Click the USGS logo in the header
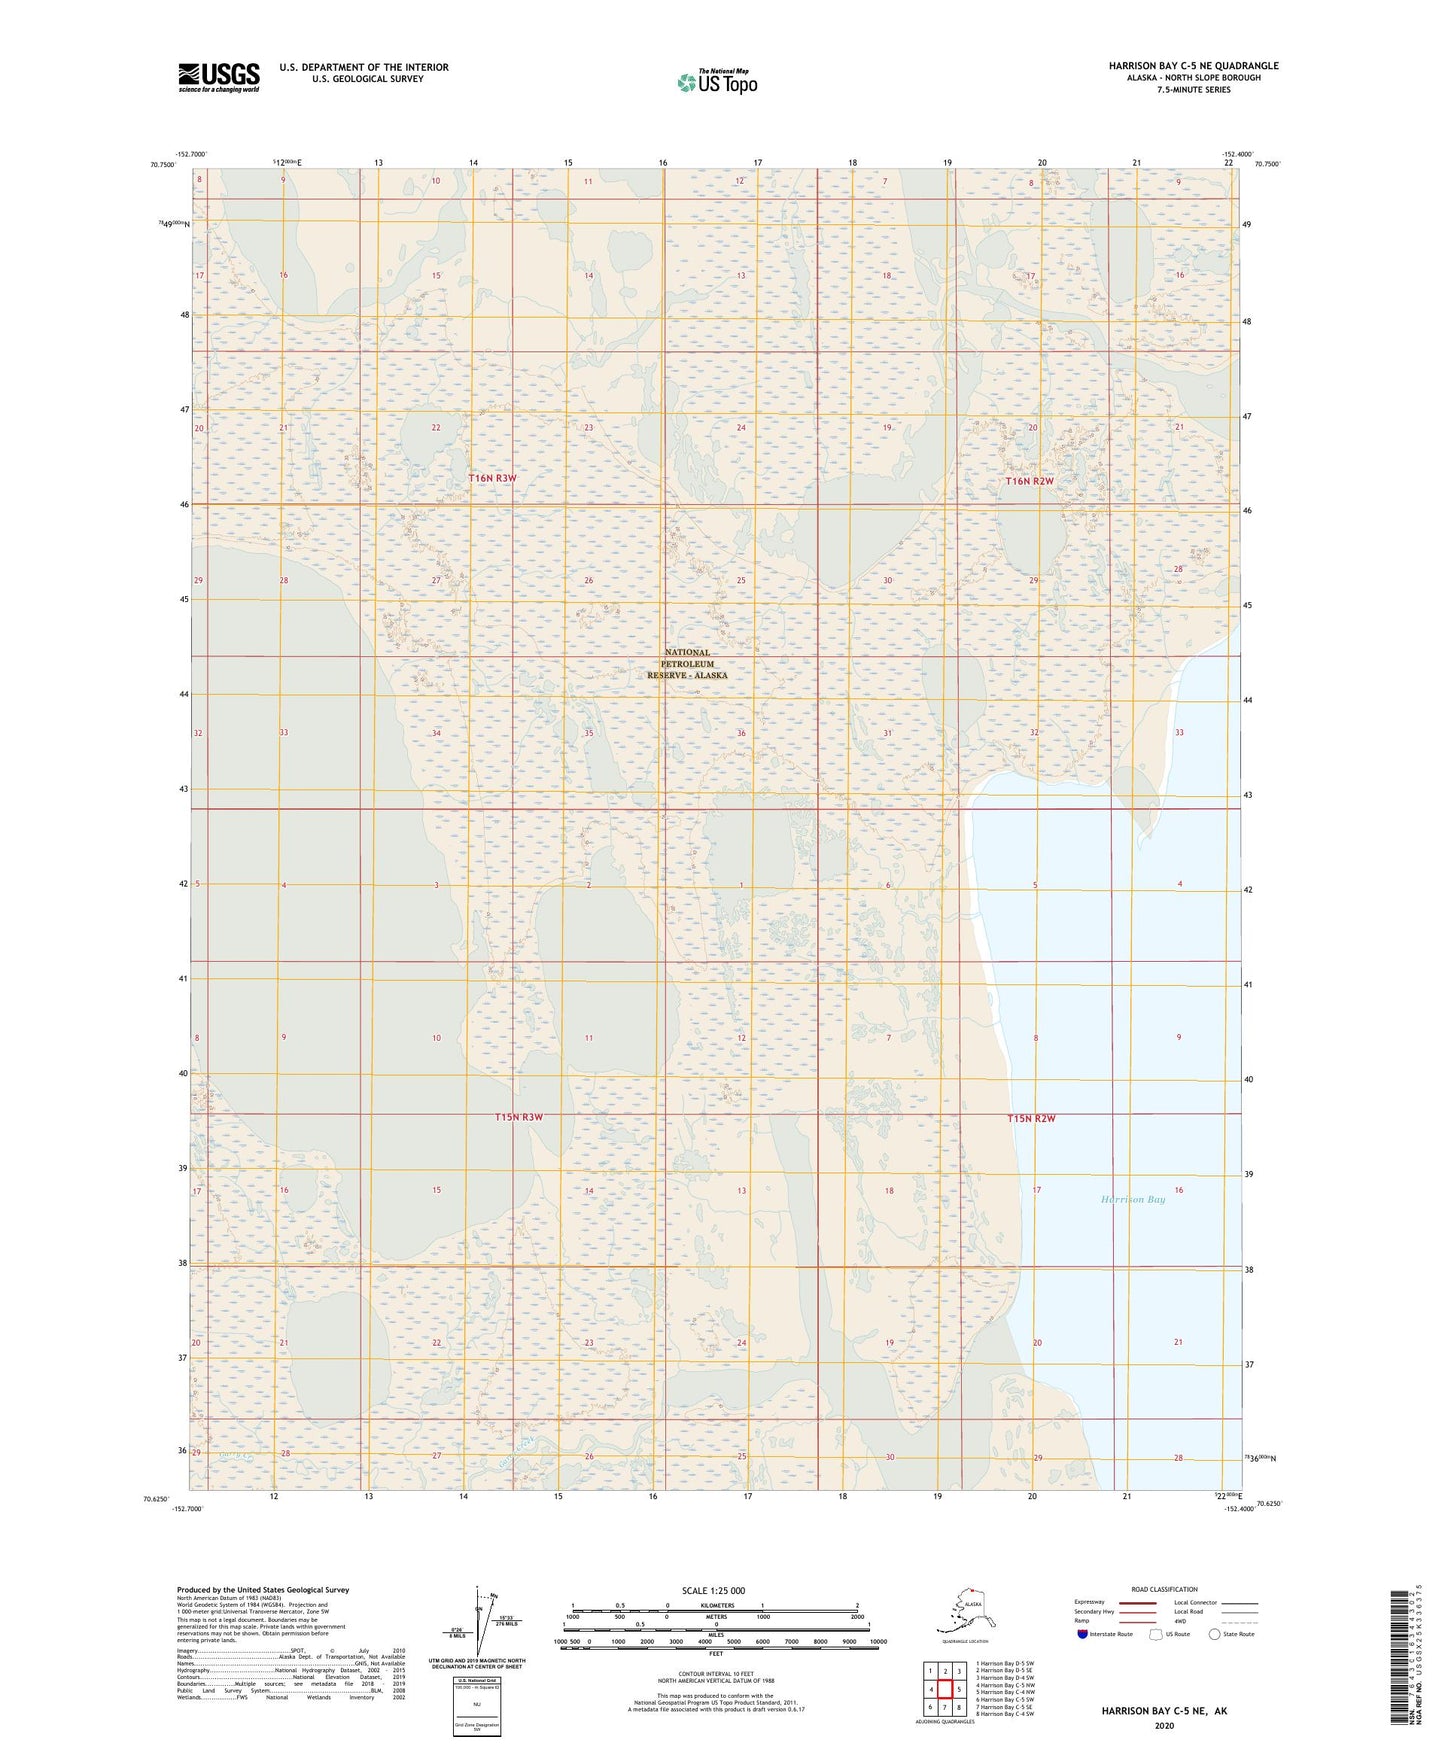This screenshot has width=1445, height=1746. tap(218, 77)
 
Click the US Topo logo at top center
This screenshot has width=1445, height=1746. tap(716, 82)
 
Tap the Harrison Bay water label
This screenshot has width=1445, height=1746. tap(1132, 1199)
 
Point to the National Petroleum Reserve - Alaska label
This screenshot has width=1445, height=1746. tap(687, 664)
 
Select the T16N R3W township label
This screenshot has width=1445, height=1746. tap(493, 479)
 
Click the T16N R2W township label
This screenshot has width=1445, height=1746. tap(1029, 481)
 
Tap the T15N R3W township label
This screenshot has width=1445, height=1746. tap(518, 1117)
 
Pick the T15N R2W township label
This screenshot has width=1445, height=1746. tap(1031, 1118)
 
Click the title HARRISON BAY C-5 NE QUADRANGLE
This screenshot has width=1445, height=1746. tap(1192, 66)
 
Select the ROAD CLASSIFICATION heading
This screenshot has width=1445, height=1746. tap(1164, 1589)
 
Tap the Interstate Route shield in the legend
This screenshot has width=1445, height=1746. tap(1082, 1634)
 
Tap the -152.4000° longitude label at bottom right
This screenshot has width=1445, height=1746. tap(1238, 1509)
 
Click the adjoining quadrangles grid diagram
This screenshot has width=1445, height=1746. tap(944, 1691)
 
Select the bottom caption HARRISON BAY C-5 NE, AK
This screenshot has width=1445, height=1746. tap(1164, 1711)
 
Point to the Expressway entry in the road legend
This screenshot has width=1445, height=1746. tap(1090, 1602)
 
